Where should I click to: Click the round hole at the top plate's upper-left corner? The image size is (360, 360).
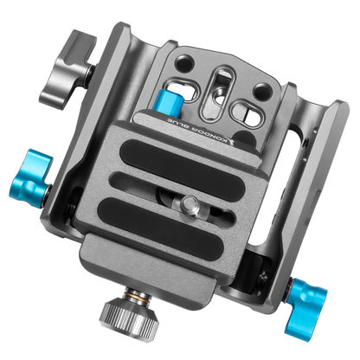point(183,63)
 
